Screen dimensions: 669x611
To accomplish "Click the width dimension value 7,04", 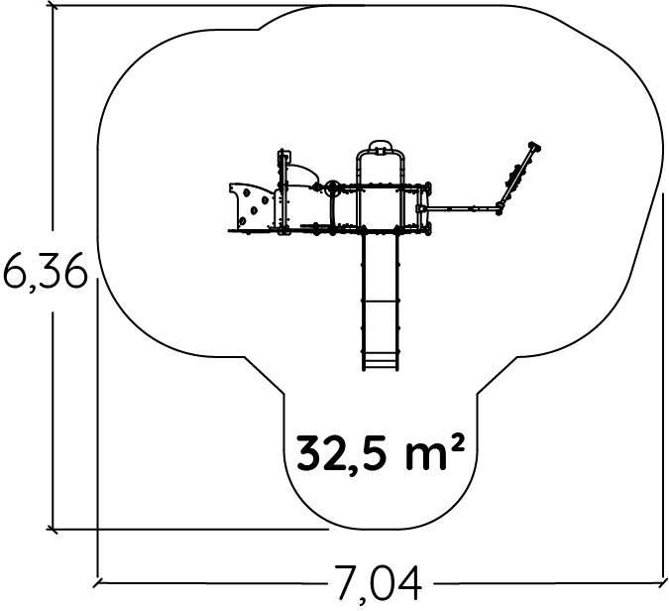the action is point(378,584).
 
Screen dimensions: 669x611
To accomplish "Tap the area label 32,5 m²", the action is point(381,452).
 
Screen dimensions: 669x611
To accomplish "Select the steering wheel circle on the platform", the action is point(332,188).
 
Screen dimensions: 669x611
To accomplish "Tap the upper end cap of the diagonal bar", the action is point(534,147).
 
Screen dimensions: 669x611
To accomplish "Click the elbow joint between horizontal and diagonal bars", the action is point(500,208).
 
